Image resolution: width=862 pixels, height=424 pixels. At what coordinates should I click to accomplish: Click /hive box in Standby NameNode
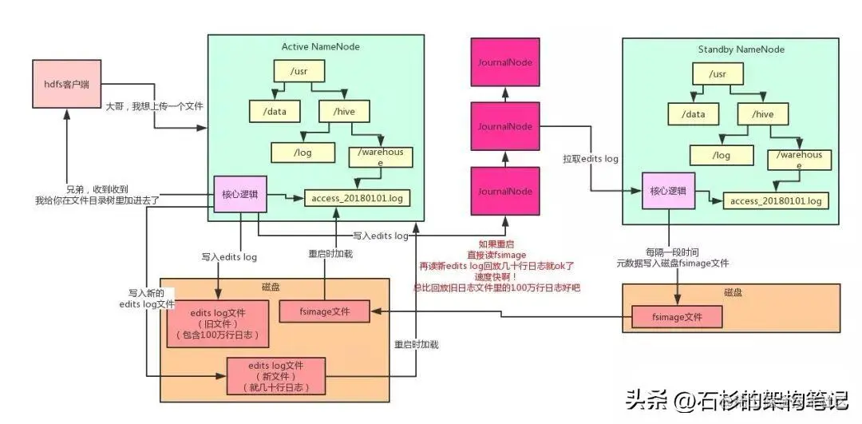pyautogui.click(x=764, y=114)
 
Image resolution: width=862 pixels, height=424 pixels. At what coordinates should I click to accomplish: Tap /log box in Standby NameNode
pyautogui.click(x=721, y=155)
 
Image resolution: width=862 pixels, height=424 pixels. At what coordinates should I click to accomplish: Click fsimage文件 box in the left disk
pyautogui.click(x=325, y=311)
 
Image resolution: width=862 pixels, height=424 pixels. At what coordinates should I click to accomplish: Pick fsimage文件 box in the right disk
pyautogui.click(x=677, y=318)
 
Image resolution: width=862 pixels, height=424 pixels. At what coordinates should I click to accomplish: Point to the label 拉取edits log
pyautogui.click(x=590, y=159)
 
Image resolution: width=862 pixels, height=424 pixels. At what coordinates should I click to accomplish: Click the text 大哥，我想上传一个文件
pyautogui.click(x=155, y=105)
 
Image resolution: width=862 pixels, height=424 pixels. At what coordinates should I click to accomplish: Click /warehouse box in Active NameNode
pyautogui.click(x=381, y=157)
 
